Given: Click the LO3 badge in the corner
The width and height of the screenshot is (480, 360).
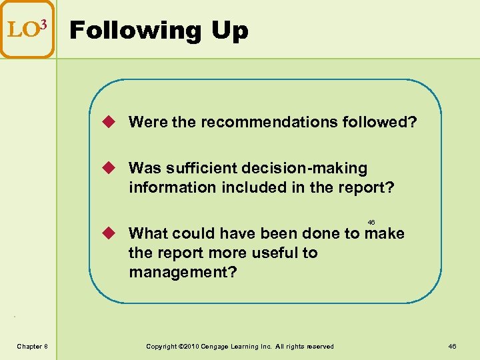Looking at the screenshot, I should pos(27,29).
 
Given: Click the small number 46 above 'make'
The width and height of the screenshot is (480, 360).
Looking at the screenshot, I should pos(371,221).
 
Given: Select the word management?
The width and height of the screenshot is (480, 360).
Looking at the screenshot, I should pos(183,272).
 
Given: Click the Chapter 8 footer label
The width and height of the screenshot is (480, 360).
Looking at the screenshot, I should pos(32,346).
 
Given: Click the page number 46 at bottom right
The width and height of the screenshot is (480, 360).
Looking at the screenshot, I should pos(452,346).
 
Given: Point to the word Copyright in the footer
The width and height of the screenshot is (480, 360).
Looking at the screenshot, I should pos(161,346).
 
